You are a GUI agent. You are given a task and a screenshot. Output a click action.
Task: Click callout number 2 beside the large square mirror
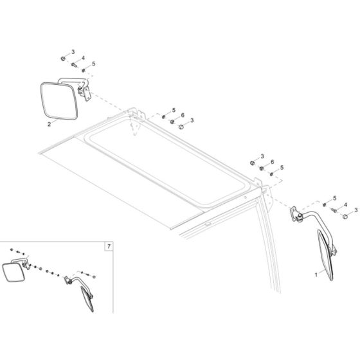pyautogui.click(x=48, y=125)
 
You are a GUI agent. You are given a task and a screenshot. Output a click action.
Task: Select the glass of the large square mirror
pyautogui.click(x=59, y=101)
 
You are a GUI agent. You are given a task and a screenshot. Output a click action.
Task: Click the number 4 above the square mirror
pyautogui.click(x=83, y=59)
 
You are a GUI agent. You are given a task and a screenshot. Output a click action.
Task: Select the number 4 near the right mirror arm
pyautogui.click(x=345, y=205)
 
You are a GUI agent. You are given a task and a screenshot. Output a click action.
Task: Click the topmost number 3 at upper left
pyautogui.click(x=73, y=51)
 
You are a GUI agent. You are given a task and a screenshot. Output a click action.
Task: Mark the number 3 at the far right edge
pyautogui.click(x=355, y=210)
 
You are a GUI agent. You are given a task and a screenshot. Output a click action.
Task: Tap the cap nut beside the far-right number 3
pyautogui.click(x=345, y=217)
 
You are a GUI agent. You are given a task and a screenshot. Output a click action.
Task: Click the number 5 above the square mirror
pyautogui.click(x=93, y=64)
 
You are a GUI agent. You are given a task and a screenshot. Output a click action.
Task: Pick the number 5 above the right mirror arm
pyautogui.click(x=334, y=197)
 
